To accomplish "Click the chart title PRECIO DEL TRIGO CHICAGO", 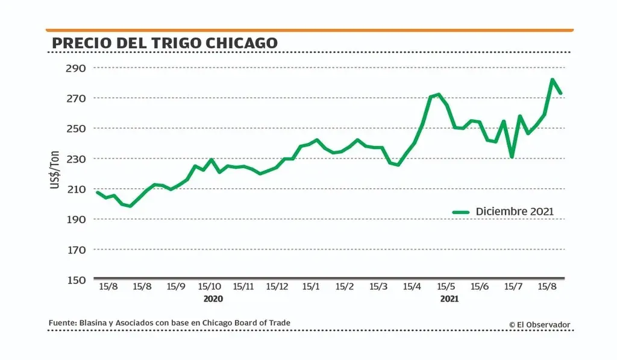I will point(164,43).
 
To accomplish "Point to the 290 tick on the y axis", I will point(76,68).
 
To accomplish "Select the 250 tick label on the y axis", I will point(76,128).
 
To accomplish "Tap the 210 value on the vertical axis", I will point(76,189).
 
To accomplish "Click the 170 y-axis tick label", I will point(76,249).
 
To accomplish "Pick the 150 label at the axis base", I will point(76,280).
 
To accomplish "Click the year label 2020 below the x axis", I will point(213,299).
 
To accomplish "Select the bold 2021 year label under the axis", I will point(449,299).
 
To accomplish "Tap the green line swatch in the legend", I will point(461,212).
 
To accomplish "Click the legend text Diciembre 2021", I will point(515,212).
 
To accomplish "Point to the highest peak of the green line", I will point(552,80).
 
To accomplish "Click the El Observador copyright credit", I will point(539,324).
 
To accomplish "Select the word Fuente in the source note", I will point(62,323).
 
